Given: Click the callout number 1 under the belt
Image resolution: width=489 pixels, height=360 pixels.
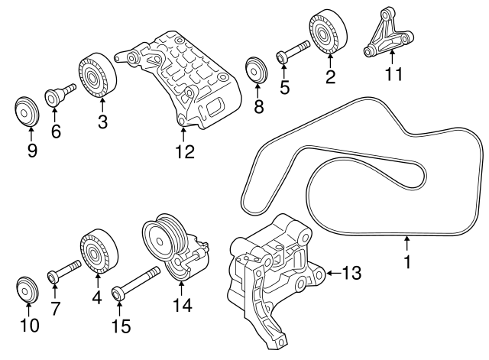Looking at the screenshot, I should (407, 262).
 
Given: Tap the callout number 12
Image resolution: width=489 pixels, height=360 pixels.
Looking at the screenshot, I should (185, 151).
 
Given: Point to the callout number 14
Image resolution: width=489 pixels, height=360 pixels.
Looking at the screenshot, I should (181, 305).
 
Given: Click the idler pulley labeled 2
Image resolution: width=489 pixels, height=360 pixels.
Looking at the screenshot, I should (329, 33).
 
